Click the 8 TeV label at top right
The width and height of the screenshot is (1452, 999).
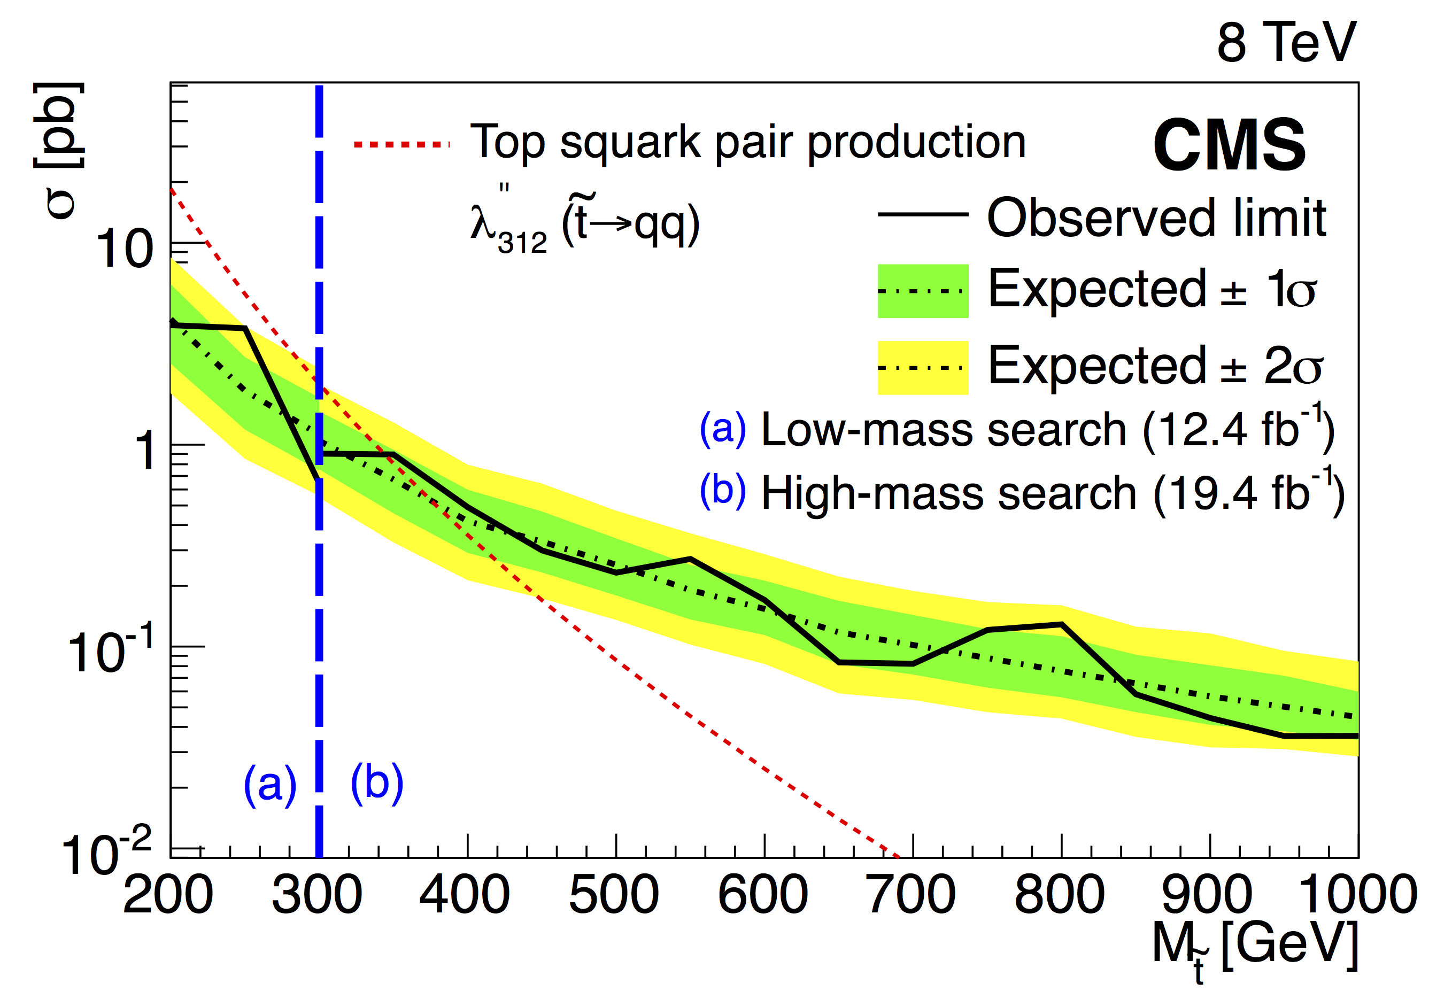click(1286, 43)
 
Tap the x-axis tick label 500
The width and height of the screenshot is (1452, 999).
click(613, 895)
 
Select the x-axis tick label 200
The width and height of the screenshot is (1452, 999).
click(168, 895)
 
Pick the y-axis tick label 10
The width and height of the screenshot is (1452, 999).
click(124, 249)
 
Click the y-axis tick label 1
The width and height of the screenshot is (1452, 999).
click(145, 451)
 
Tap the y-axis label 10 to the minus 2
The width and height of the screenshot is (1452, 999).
click(106, 851)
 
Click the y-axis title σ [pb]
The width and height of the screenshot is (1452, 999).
click(59, 150)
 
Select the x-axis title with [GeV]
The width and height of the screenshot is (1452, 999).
click(1255, 945)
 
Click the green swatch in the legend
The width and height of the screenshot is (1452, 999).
click(923, 291)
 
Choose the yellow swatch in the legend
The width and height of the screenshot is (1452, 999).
click(923, 368)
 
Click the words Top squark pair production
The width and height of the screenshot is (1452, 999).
click(748, 143)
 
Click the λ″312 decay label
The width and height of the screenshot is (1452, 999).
click(585, 224)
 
